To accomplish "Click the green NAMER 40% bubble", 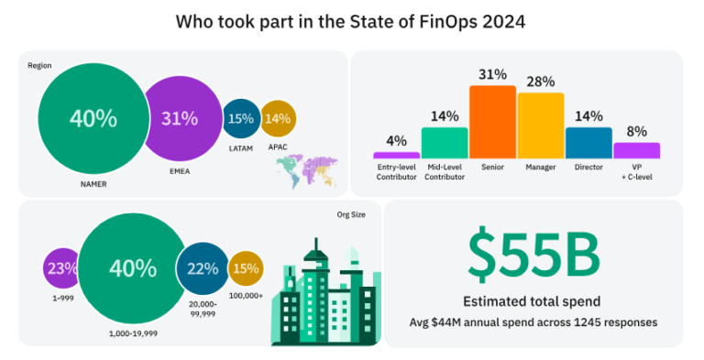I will pyautogui.click(x=93, y=119).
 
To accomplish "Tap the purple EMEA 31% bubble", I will pyautogui.click(x=180, y=118).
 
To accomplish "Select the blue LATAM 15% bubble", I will pyautogui.click(x=240, y=118).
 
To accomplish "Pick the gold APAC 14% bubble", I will pyautogui.click(x=277, y=118).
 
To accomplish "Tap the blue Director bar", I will pyautogui.click(x=588, y=142).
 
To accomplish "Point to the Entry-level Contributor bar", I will pyautogui.click(x=396, y=155).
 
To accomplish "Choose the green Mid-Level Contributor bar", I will pyautogui.click(x=445, y=142).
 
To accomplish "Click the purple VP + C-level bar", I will pyautogui.click(x=636, y=149).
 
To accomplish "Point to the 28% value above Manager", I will pyautogui.click(x=540, y=82).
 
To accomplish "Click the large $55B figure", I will pyautogui.click(x=533, y=256).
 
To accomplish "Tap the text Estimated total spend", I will pyautogui.click(x=533, y=300).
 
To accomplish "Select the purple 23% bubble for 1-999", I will pyautogui.click(x=61, y=268).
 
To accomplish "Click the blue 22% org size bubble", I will pyautogui.click(x=202, y=268).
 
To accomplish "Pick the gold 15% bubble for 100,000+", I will pyautogui.click(x=246, y=268).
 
